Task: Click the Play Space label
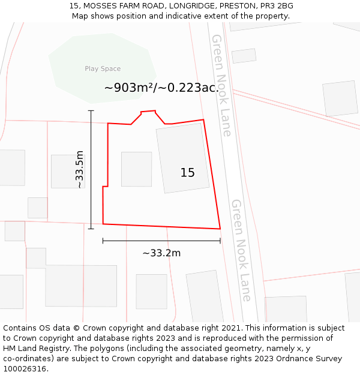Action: click(x=103, y=69)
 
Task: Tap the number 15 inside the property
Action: click(x=187, y=173)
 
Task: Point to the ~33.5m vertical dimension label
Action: click(x=80, y=170)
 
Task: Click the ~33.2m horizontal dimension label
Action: click(x=161, y=253)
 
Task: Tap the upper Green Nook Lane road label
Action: click(x=221, y=85)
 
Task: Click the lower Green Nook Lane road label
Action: click(x=241, y=250)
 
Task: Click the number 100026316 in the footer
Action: click(x=24, y=368)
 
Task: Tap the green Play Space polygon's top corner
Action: click(x=112, y=34)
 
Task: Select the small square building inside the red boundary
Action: click(x=136, y=169)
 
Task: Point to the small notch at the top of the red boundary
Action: click(x=148, y=112)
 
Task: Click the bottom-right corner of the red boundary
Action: click(x=220, y=229)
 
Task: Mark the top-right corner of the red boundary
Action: click(x=203, y=120)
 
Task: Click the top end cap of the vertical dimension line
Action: click(x=91, y=111)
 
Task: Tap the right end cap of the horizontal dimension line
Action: click(x=220, y=241)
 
